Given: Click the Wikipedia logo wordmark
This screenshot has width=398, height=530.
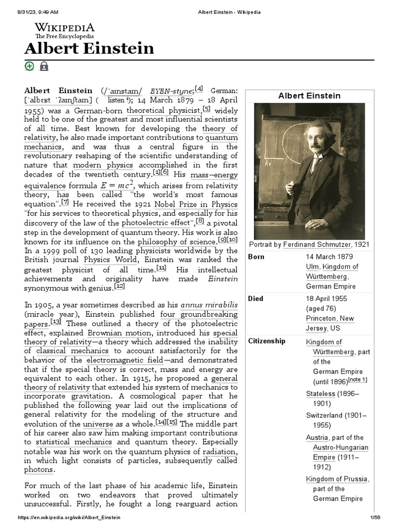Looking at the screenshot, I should [x=64, y=27].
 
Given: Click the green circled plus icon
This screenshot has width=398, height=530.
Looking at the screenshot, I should [x=30, y=66].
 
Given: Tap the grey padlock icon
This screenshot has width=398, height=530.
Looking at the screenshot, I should [x=44, y=66].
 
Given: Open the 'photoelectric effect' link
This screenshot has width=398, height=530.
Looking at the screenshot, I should [x=155, y=223].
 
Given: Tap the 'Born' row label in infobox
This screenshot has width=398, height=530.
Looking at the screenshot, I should [x=257, y=257].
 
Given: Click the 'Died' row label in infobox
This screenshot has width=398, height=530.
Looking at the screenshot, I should [x=256, y=299].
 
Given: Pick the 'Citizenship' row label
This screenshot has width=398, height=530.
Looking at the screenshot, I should [x=267, y=341].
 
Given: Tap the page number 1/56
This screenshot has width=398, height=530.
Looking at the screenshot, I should [x=375, y=518].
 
